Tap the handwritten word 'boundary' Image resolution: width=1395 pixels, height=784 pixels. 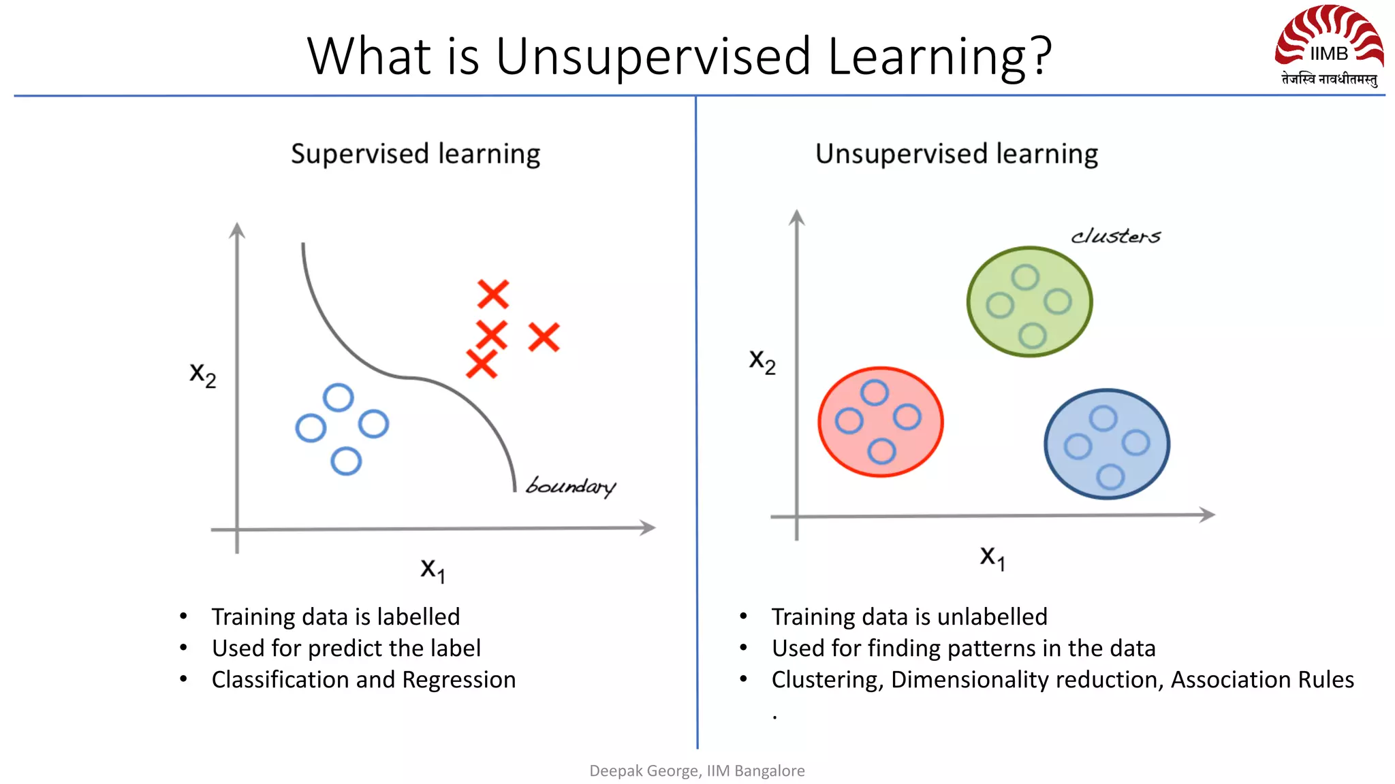(571, 486)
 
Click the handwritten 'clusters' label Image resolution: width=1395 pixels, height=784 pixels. (1115, 235)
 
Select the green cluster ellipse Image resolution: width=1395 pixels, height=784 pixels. (1029, 301)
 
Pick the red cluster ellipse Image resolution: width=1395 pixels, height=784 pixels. (880, 422)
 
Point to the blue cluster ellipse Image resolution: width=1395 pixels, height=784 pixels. (1107, 444)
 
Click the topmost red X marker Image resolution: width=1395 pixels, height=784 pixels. (493, 294)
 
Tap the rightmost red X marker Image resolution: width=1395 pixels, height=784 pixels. (544, 337)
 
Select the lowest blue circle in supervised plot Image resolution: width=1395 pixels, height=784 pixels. (346, 461)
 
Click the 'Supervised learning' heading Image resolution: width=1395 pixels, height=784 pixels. (416, 154)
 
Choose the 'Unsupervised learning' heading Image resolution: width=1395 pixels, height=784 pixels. (956, 154)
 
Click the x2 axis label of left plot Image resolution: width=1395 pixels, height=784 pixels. (202, 374)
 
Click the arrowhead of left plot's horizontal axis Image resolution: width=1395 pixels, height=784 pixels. (648, 527)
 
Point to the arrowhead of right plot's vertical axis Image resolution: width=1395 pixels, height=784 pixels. (796, 217)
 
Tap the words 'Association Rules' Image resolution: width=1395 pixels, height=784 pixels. (1262, 680)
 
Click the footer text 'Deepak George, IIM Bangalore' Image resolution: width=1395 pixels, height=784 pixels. (697, 770)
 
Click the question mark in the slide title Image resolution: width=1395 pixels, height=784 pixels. (1041, 56)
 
